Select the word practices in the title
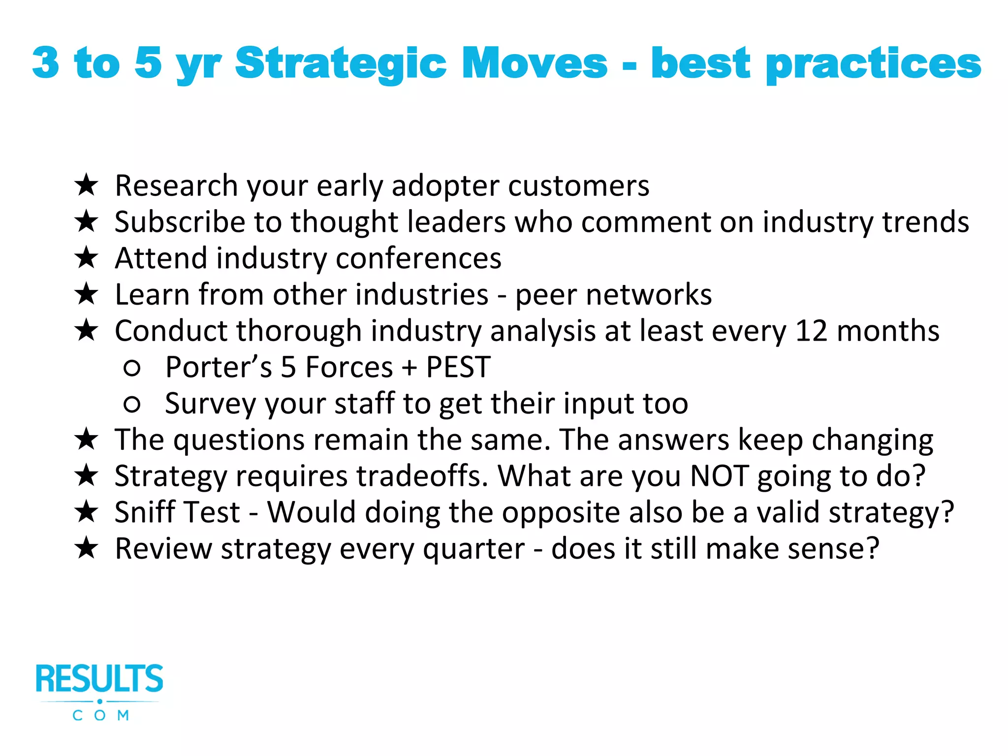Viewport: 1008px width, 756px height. [x=873, y=64]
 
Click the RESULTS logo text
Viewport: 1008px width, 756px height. [x=99, y=679]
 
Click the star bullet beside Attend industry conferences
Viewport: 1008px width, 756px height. [x=87, y=258]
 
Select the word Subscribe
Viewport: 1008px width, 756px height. [x=180, y=222]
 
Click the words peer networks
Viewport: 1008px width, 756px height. [x=613, y=295]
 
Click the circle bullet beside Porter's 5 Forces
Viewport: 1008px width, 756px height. [x=132, y=368]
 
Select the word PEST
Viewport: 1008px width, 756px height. [x=458, y=367]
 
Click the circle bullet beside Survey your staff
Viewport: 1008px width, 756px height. [x=132, y=404]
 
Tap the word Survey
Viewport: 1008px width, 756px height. [x=210, y=404]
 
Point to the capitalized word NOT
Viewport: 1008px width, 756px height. [x=719, y=476]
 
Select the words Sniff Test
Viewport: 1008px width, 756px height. [x=177, y=512]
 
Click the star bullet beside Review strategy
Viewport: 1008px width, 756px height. [x=87, y=548]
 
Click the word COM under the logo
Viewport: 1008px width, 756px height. [x=100, y=715]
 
